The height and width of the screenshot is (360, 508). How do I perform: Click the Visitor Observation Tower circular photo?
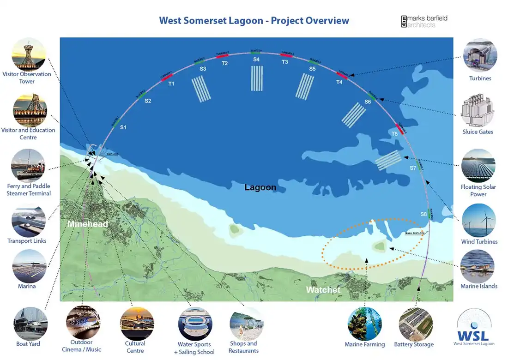coord(29,54)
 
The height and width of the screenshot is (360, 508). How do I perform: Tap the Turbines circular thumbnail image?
coord(480,55)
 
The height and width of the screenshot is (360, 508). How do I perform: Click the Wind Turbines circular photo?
coord(479,221)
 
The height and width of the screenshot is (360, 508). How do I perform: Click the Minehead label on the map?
coord(88,224)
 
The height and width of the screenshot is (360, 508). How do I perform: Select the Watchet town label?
coord(323,290)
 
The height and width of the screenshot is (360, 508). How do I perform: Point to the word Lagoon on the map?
coord(260,187)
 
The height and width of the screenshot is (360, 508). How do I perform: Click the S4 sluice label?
coord(256,60)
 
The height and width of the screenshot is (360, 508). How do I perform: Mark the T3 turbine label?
coord(285,62)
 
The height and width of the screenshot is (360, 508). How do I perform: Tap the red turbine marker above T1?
coord(167,77)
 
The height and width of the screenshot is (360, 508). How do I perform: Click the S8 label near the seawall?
coord(423,215)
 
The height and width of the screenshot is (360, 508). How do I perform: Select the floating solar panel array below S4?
coord(257,78)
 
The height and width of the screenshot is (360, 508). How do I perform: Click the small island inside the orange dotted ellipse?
coord(380,247)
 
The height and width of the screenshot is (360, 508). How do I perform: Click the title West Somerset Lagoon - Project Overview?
coord(254,21)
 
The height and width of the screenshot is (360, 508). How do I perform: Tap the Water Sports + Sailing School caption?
coord(194,348)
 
